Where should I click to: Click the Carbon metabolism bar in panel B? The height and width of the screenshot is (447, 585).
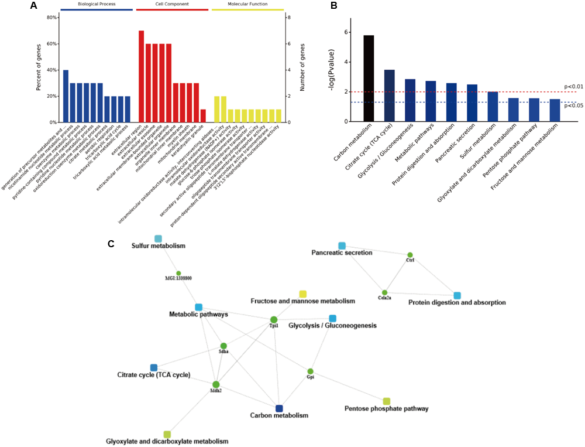(x=369, y=79)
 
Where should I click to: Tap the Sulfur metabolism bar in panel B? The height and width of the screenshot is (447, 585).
(x=493, y=107)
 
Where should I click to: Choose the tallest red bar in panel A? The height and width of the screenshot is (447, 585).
(x=141, y=76)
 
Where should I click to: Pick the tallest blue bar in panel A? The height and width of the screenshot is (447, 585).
(x=66, y=96)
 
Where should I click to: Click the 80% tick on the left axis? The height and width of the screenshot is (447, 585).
(x=50, y=18)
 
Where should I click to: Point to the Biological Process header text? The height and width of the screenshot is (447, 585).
(x=97, y=4)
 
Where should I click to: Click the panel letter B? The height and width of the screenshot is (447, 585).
(x=333, y=6)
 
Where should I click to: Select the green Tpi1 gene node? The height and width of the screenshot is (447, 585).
(x=273, y=320)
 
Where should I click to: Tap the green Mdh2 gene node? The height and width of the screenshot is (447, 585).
(x=216, y=384)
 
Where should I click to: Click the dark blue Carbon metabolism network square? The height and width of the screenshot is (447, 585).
(x=279, y=408)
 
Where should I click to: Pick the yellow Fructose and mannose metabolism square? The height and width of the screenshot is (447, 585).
(x=302, y=294)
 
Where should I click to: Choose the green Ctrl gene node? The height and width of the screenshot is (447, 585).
(x=409, y=255)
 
